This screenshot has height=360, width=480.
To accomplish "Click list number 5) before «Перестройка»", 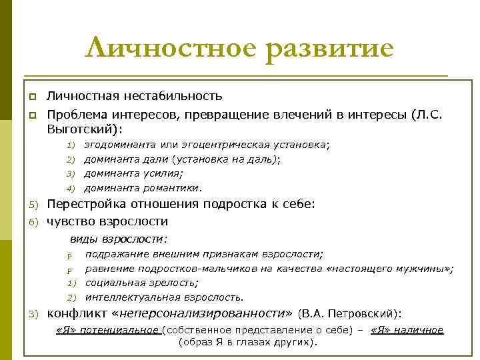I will (x=34, y=205).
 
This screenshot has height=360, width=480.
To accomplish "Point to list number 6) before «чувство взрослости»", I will (x=34, y=222).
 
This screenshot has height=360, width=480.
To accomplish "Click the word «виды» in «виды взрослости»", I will (x=84, y=239).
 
